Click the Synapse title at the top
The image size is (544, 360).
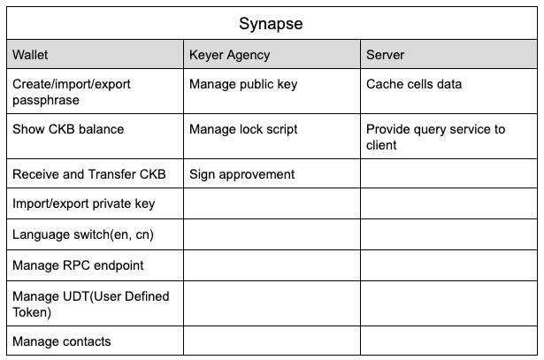271,24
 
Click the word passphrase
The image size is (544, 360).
46,100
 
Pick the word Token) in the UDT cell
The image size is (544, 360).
32,312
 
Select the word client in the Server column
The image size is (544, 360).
381,145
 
